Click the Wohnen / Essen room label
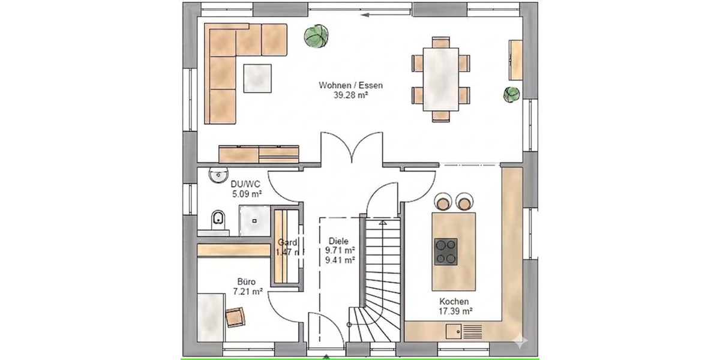(350, 85)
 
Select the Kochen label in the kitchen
(454, 301)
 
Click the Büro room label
(246, 281)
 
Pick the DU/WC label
(246, 185)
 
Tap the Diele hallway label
(338, 241)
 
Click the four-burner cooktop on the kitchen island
(445, 251)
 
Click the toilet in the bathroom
(217, 220)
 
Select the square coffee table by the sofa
(257, 78)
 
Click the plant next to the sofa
(316, 36)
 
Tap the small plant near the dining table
(511, 94)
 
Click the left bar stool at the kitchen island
(442, 202)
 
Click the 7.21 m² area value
(246, 292)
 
